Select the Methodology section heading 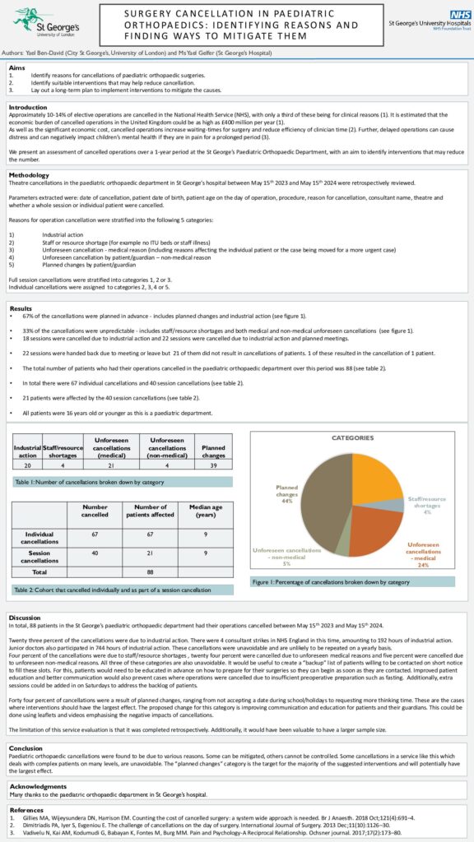[x=29, y=175]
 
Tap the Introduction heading [x=28, y=107]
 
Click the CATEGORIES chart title [x=352, y=438]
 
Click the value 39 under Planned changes [x=214, y=465]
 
